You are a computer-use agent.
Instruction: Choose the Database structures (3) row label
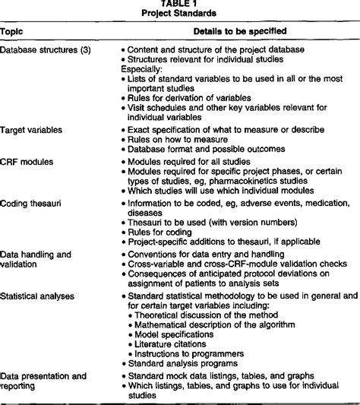coord(43,51)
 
